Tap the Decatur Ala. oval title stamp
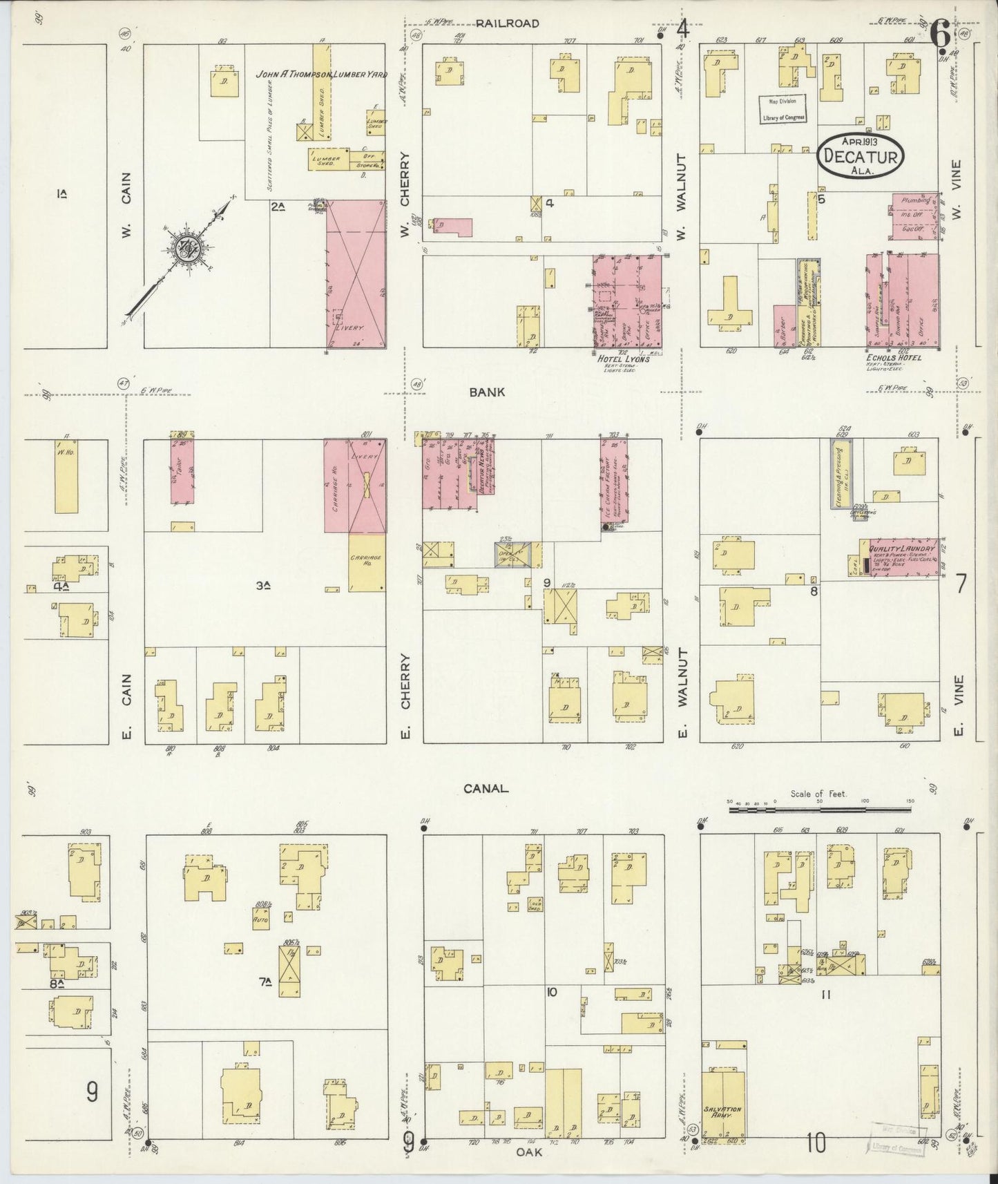pyautogui.click(x=860, y=157)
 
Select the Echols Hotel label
pyautogui.click(x=893, y=358)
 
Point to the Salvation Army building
pyautogui.click(x=723, y=1111)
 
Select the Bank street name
pyautogui.click(x=487, y=392)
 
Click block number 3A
pyautogui.click(x=262, y=586)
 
